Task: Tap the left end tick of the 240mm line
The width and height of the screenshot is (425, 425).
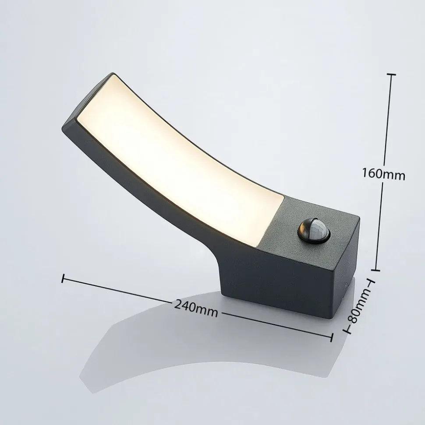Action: (64, 277)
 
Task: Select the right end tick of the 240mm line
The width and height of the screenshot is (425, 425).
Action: (332, 337)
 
